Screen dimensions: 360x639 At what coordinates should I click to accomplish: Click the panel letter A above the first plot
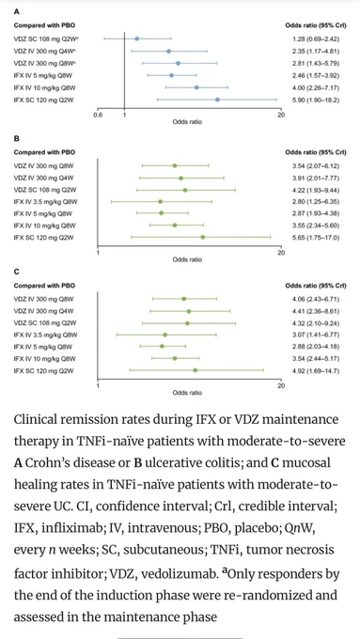(x=16, y=12)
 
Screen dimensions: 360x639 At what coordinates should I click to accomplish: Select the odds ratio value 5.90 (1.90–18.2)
(x=313, y=100)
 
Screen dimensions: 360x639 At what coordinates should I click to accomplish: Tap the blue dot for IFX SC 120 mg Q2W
(x=217, y=100)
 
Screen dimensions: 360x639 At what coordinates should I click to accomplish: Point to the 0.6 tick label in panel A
(x=99, y=116)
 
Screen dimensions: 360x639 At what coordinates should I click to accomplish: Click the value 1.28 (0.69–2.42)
(x=313, y=39)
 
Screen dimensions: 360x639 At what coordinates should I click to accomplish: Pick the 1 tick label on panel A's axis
(x=124, y=116)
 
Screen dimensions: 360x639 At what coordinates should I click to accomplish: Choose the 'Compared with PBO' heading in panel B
(x=39, y=152)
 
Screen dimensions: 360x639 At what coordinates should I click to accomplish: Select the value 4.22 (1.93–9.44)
(x=313, y=190)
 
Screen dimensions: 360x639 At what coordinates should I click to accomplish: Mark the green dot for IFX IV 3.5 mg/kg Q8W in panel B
(x=160, y=202)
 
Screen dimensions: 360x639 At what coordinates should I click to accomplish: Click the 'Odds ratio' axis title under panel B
(x=188, y=259)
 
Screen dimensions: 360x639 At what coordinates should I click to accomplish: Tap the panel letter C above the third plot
(x=16, y=271)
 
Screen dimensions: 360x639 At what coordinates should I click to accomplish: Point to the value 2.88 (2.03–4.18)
(x=313, y=347)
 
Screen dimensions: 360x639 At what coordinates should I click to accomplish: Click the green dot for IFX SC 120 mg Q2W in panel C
(x=196, y=370)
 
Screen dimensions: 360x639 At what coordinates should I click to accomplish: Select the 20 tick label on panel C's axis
(x=281, y=385)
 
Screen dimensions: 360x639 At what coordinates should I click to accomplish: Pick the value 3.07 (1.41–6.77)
(x=313, y=335)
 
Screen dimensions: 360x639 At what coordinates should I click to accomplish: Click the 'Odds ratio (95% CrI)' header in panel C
(x=316, y=286)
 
